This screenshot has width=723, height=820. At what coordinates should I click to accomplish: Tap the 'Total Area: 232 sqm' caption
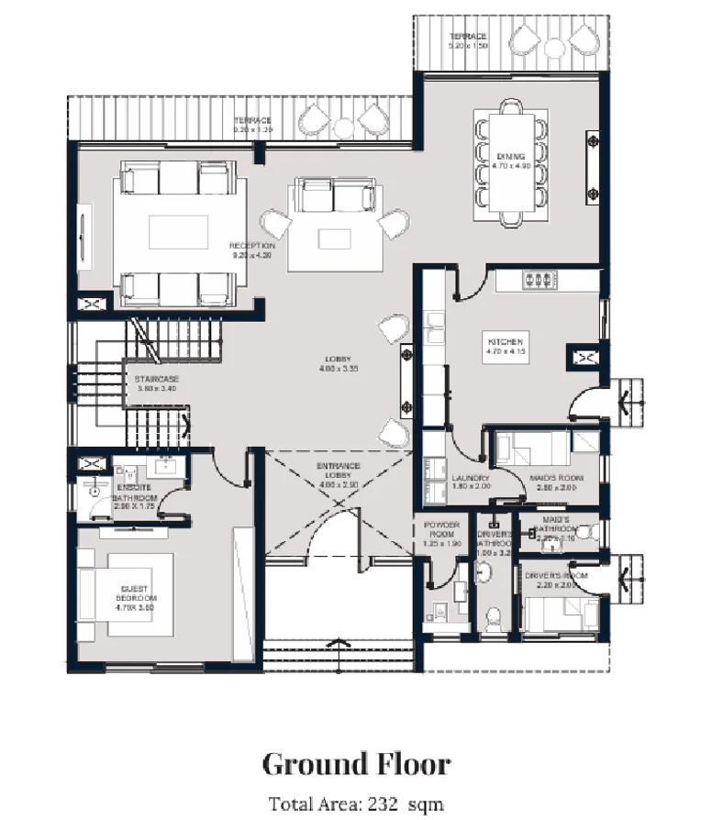pyautogui.click(x=356, y=803)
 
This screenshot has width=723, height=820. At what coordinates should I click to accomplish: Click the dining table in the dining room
pyautogui.click(x=510, y=165)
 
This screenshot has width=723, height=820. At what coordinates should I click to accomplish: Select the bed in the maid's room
pyautogui.click(x=528, y=450)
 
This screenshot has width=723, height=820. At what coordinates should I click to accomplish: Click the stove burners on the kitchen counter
pyautogui.click(x=539, y=279)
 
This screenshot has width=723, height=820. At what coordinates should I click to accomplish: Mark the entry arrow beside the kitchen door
pyautogui.click(x=627, y=400)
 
